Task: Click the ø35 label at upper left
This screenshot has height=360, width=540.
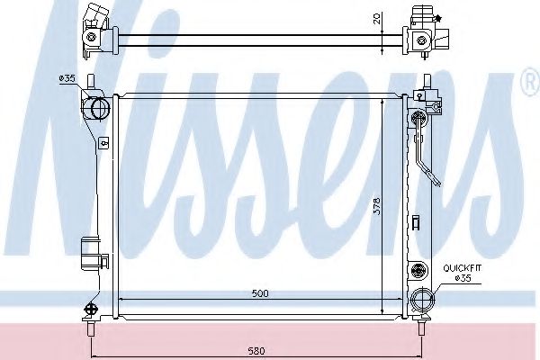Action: [66, 79]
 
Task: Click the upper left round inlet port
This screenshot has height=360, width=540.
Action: [95, 109]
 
